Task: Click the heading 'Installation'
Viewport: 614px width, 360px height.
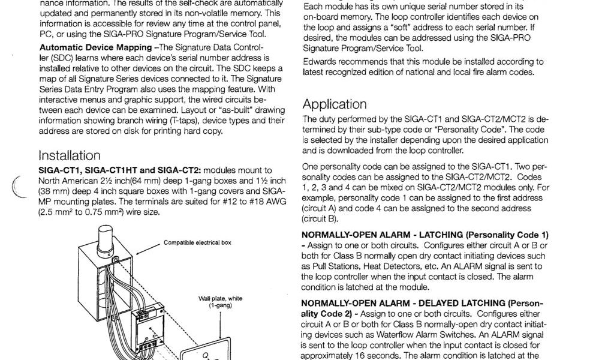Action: coord(69,156)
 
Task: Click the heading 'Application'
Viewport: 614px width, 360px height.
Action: coord(335,104)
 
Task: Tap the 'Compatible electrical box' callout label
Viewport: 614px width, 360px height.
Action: coord(197,243)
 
